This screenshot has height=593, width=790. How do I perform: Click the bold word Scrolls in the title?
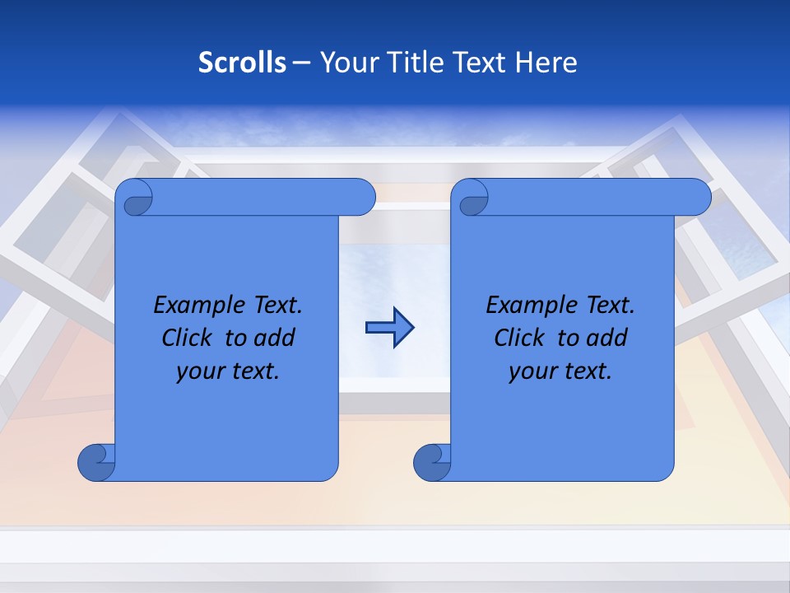tap(242, 63)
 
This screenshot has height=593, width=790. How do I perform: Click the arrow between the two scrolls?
tap(389, 328)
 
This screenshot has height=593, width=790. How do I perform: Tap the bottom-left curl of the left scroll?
tap(96, 462)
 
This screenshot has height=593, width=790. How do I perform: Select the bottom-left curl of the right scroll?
tap(432, 462)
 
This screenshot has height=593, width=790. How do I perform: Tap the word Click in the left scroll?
tap(187, 338)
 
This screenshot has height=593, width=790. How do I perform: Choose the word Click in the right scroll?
tap(519, 338)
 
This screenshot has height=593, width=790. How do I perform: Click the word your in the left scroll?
tap(201, 371)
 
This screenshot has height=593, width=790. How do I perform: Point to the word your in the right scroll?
tap(533, 371)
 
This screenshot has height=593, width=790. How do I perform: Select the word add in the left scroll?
tap(275, 338)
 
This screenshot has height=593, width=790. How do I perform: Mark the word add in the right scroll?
tap(607, 338)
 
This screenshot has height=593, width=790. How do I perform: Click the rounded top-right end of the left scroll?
tap(362, 198)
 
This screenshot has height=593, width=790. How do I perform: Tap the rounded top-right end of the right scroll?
tap(698, 198)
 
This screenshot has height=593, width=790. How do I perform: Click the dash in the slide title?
tap(302, 63)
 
